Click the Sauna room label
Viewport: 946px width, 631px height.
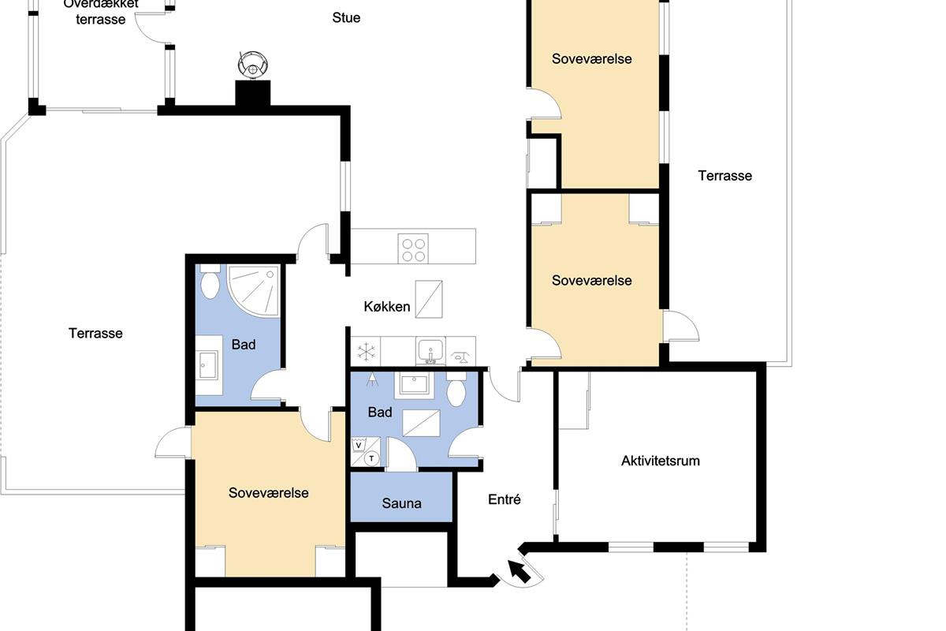[401, 503]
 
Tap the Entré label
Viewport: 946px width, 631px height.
[505, 499]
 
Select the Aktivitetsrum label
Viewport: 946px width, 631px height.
[660, 461]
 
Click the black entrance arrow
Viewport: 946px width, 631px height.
[519, 571]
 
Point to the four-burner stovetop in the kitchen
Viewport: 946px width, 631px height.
[413, 249]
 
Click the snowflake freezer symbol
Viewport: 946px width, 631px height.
[365, 352]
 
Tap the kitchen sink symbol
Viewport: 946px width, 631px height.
[430, 351]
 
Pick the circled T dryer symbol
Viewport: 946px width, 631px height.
[371, 458]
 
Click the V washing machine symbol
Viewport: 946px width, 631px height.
[359, 446]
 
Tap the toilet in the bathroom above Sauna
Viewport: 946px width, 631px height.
[456, 390]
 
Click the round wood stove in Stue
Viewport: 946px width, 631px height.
[252, 65]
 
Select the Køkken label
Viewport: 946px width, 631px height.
[387, 307]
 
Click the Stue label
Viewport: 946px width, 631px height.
[346, 18]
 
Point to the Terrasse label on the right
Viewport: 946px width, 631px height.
[724, 176]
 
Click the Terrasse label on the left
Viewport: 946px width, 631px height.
[95, 334]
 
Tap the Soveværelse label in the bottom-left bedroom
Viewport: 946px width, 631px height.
[269, 493]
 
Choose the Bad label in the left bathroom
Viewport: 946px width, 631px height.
[244, 345]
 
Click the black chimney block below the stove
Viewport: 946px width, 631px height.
[252, 93]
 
